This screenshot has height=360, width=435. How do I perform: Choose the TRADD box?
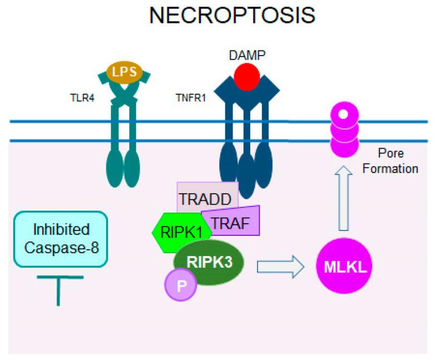(207, 197)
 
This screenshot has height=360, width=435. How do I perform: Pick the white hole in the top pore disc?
(343, 115)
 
